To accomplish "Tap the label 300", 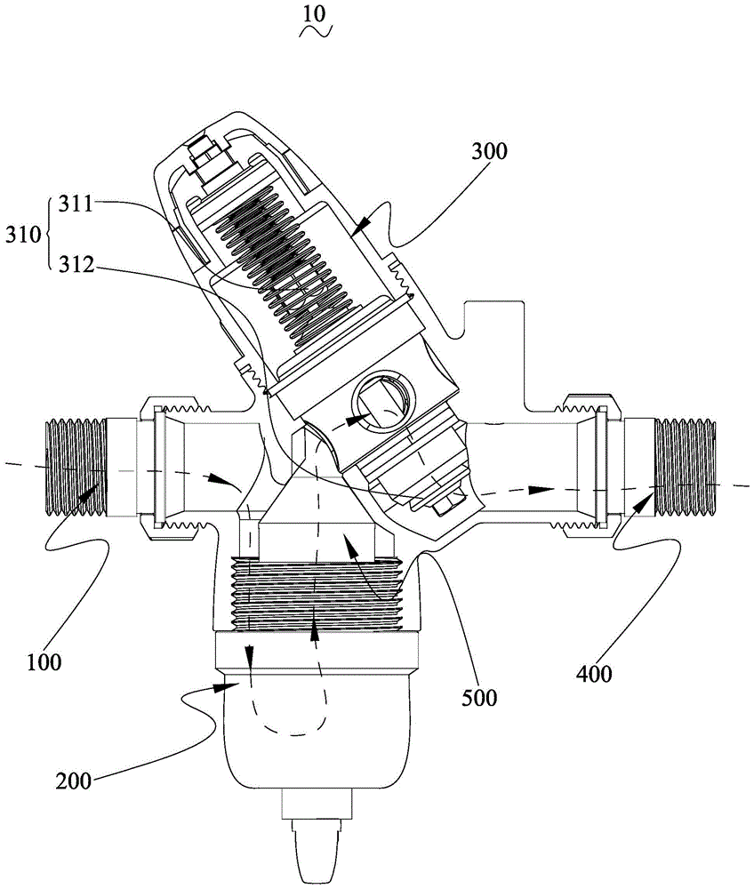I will [489, 151].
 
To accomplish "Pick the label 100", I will [44, 662].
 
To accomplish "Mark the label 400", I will [592, 674].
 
